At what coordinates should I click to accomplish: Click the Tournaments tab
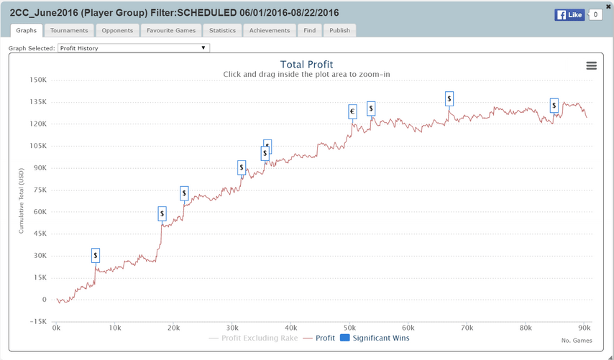coord(69,30)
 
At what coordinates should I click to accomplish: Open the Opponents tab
coord(116,30)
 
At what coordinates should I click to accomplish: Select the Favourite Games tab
coord(171,30)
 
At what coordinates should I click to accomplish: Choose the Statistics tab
coord(222,30)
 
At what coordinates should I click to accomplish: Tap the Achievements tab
coord(270,30)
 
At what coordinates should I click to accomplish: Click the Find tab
coord(310,30)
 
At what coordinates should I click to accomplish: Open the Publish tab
coord(339,30)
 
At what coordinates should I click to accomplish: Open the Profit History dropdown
coord(134,48)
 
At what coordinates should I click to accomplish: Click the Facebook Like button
coord(569,14)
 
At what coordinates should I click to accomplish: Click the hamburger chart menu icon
coord(591,65)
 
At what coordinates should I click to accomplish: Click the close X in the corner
coord(608,6)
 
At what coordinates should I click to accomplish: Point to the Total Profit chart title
coord(306,65)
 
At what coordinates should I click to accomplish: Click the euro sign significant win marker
coord(352,111)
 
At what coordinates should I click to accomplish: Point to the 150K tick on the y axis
coord(37,80)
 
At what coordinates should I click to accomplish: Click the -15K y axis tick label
coord(38,321)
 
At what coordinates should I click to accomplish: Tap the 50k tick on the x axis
coord(350,328)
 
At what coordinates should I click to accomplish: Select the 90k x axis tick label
coord(585,328)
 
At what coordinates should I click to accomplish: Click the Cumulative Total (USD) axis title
coord(22,200)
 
